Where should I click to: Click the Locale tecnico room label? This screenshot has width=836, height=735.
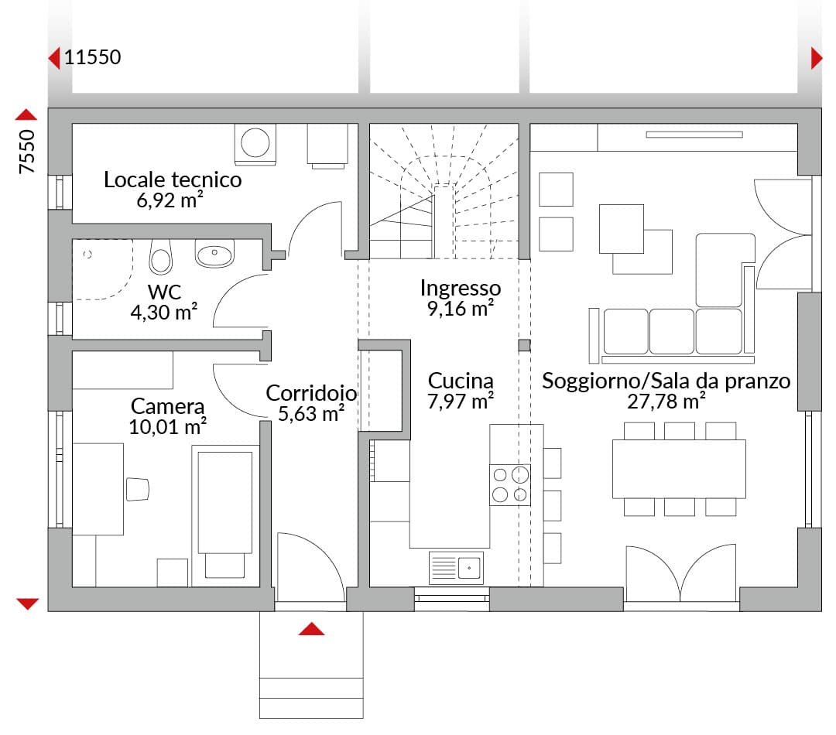click(x=173, y=179)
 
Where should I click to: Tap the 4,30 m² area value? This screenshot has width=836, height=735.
click(x=164, y=313)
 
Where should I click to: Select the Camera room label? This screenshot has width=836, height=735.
click(x=167, y=406)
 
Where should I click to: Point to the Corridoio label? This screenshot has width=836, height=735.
click(x=311, y=393)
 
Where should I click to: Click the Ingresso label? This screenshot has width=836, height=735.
click(x=460, y=289)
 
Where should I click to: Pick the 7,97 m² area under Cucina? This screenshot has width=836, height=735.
click(x=460, y=402)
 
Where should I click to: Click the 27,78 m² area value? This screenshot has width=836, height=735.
click(x=666, y=402)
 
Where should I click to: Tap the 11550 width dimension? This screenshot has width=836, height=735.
click(x=93, y=57)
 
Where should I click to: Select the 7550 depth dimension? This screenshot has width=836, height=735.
click(x=26, y=152)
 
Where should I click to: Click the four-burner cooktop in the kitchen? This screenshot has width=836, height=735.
click(x=510, y=485)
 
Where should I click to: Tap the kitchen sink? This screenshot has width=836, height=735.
click(x=456, y=568)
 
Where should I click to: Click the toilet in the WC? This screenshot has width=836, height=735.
click(x=160, y=256)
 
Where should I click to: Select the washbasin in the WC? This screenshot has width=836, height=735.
click(x=214, y=253)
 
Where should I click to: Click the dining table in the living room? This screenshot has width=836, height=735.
click(x=679, y=469)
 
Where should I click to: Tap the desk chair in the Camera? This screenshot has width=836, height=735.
click(x=138, y=489)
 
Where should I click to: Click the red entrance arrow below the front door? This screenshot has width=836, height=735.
click(x=311, y=629)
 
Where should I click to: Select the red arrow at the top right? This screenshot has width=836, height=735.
click(x=817, y=58)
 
